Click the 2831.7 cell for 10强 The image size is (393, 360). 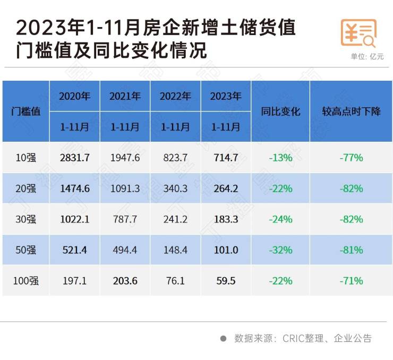click(x=74, y=158)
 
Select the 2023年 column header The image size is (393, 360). click(x=226, y=96)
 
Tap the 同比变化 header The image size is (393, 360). click(x=280, y=112)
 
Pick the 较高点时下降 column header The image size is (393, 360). click(x=351, y=112)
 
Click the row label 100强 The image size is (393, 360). click(x=25, y=280)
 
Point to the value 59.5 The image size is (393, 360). click(x=226, y=280)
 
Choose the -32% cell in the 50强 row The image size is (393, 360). click(x=280, y=250)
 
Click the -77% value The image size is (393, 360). click(x=351, y=158)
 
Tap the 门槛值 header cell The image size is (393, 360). click(x=25, y=112)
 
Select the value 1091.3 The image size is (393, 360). click(x=125, y=188)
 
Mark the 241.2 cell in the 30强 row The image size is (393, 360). click(x=175, y=219)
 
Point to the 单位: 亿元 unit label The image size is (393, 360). click(x=367, y=57)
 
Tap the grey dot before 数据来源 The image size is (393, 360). click(x=223, y=338)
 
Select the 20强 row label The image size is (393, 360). click(x=25, y=188)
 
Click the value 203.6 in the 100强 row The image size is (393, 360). click(x=125, y=280)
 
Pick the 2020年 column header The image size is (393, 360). click(x=74, y=96)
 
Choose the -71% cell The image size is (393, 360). click(x=351, y=280)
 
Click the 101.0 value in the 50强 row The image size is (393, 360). click(x=226, y=250)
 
